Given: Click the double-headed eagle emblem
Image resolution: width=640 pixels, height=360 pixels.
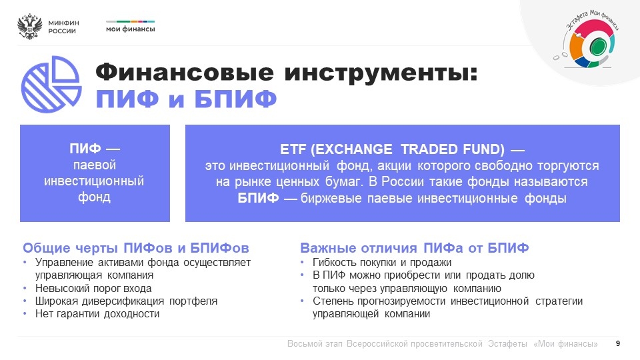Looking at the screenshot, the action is coord(30,27).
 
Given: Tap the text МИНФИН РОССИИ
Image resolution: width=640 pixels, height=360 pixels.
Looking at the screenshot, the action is coord(63,27).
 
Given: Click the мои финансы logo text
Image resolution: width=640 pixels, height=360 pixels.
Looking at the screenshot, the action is coord(130,29).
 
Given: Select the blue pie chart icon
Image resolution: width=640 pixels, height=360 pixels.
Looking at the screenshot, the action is coord(51,84).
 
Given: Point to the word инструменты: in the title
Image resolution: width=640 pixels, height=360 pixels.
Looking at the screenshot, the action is coord(381,73).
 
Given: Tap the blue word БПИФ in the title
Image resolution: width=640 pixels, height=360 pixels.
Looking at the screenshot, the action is coord(235,99).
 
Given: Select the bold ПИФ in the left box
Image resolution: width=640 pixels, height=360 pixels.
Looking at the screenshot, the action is coord(85,149).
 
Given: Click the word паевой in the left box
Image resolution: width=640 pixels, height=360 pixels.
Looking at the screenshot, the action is coord(95,165).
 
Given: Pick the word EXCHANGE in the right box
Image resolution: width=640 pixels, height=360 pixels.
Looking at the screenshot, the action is coord(353,149).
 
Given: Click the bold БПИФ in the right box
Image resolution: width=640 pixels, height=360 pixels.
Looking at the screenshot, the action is coord(259,199).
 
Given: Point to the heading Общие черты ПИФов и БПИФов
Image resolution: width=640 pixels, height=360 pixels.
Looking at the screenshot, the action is coord(136,248).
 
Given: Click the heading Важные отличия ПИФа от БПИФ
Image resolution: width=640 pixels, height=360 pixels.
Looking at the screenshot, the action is coord(414,248).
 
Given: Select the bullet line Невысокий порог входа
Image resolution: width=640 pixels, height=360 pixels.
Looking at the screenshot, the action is coord(93,289).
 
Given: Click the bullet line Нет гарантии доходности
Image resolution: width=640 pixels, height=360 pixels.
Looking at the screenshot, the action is coord(97,314).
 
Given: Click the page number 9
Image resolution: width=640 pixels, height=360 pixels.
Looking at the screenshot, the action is coord(618,344).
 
